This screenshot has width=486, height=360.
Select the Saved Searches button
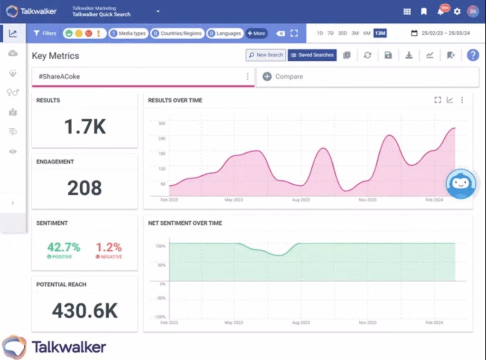312,55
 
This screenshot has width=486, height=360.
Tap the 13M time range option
380,33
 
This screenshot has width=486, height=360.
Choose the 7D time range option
330,33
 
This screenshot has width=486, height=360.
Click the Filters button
45,33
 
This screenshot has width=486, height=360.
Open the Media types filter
128,33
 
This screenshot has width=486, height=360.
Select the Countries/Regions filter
178,33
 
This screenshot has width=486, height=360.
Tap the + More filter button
256,33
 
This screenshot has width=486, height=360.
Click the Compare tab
283,76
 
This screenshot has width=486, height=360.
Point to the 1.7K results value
85,127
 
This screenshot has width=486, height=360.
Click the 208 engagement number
84,188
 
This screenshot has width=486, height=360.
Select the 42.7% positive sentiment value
64,247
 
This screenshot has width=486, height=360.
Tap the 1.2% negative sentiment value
109,247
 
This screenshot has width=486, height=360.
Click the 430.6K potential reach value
84,311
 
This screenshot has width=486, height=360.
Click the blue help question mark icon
473,55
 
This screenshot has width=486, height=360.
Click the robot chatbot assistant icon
461,184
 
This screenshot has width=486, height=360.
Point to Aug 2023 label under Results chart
301,200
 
